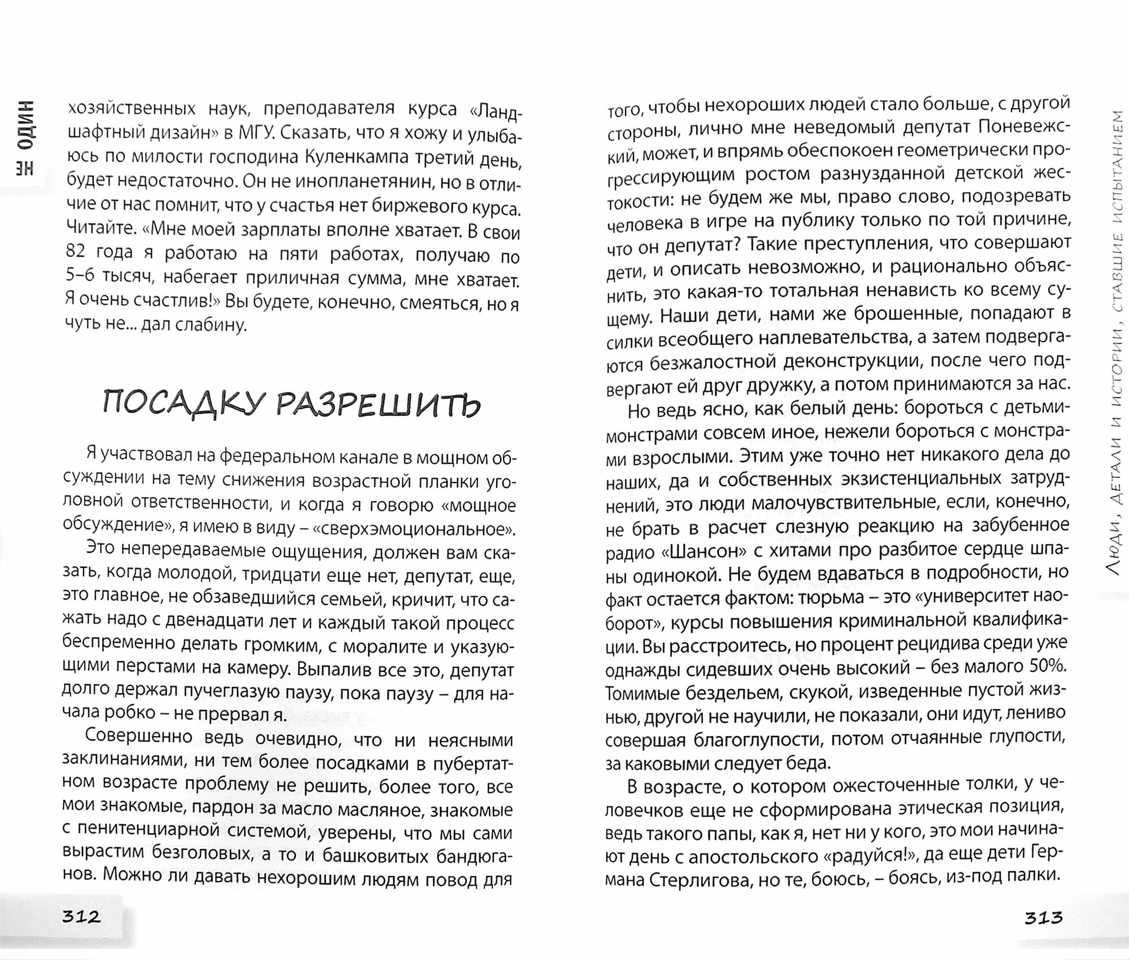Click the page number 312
[x=81, y=917]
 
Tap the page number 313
[x=1044, y=917]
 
